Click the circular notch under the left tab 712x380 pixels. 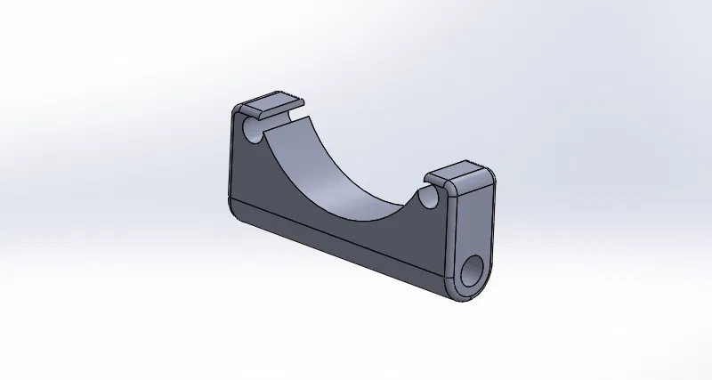tap(253, 133)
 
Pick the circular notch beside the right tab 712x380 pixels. tap(431, 195)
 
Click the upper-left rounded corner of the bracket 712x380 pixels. tap(237, 111)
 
